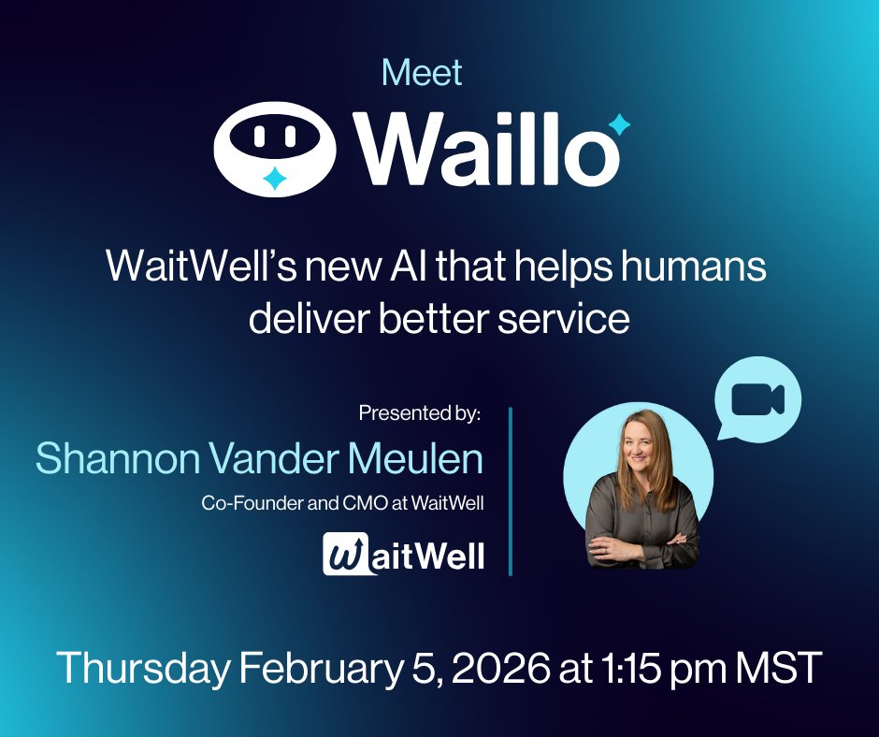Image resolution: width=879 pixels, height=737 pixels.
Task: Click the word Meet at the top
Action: (x=423, y=73)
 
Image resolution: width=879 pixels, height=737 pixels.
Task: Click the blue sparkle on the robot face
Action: (x=273, y=179)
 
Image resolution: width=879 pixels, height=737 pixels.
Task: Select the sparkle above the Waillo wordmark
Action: (x=618, y=125)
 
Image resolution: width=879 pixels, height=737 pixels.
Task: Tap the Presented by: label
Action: (x=420, y=413)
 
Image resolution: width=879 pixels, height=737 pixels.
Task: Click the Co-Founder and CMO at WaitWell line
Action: (x=342, y=503)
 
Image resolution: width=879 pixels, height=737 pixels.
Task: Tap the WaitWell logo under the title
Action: (x=404, y=553)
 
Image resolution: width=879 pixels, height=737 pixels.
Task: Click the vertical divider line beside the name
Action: (x=511, y=491)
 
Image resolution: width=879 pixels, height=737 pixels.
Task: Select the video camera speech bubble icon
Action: (x=757, y=398)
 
